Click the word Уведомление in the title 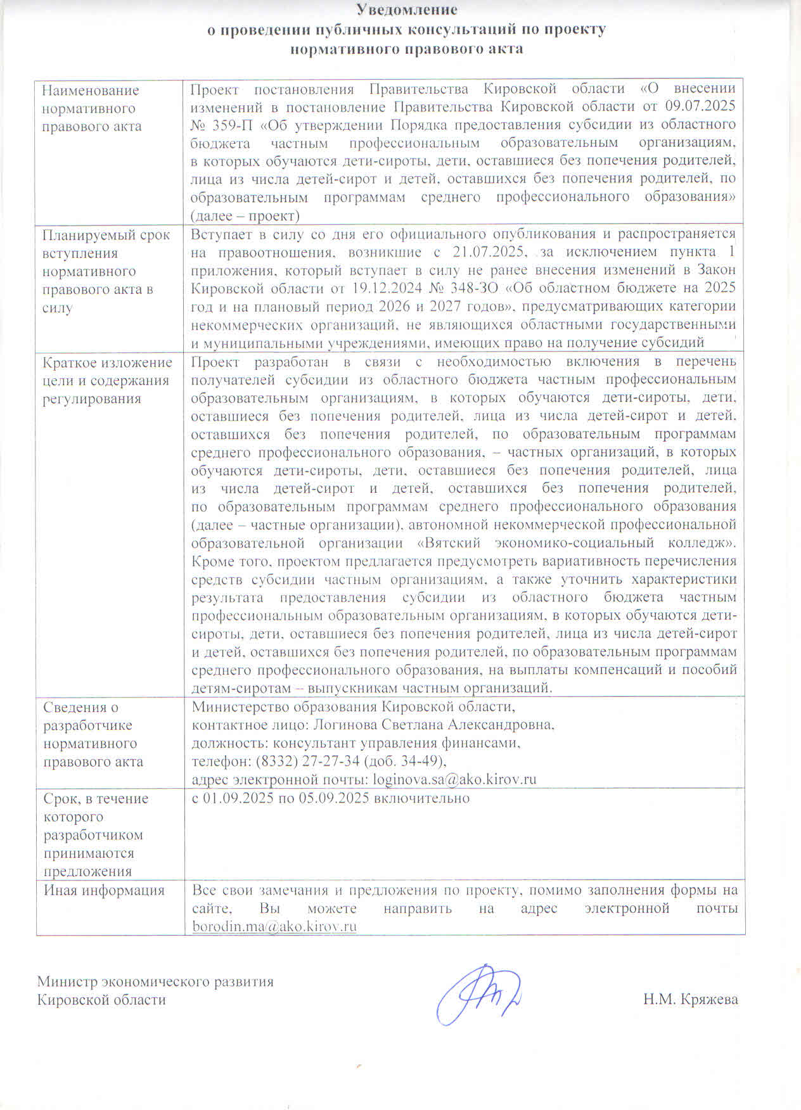(x=406, y=10)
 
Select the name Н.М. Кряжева (x=690, y=1000)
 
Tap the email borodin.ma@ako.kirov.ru (x=274, y=926)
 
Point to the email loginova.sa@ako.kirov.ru (x=454, y=779)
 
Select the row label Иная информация (x=104, y=890)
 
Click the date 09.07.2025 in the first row (x=700, y=106)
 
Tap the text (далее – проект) (x=245, y=215)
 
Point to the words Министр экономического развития (x=155, y=982)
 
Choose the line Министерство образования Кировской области (x=352, y=707)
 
